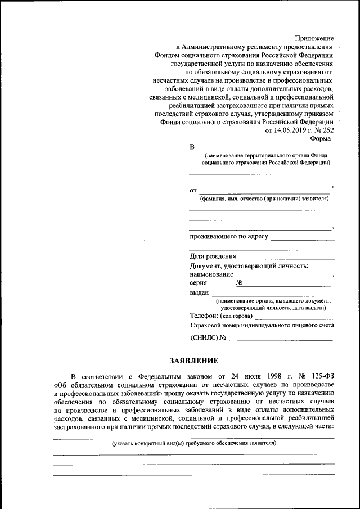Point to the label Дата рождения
[x=213, y=256]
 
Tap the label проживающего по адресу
[x=229, y=237]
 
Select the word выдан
[x=200, y=292]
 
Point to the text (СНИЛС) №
[x=208, y=337]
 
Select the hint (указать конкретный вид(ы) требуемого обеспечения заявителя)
[x=194, y=443]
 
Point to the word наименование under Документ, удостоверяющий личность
[x=211, y=274]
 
